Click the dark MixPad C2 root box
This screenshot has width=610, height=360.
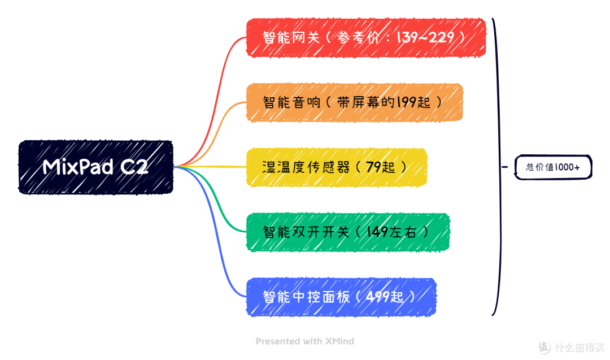[x=95, y=167]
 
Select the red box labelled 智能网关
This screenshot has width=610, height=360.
[x=365, y=37]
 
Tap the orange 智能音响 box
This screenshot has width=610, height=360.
[x=354, y=102]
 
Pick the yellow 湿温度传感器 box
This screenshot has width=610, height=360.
[x=336, y=167]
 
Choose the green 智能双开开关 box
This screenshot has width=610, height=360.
[x=347, y=232]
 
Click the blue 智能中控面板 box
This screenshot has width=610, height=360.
[x=341, y=297]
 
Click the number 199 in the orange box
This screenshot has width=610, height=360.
[x=405, y=102]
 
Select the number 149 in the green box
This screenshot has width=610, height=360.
[x=377, y=232]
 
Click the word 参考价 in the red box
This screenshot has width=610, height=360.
[x=356, y=37]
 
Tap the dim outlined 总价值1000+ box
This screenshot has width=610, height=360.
[x=553, y=167]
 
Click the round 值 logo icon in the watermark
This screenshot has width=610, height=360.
[x=543, y=346]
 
